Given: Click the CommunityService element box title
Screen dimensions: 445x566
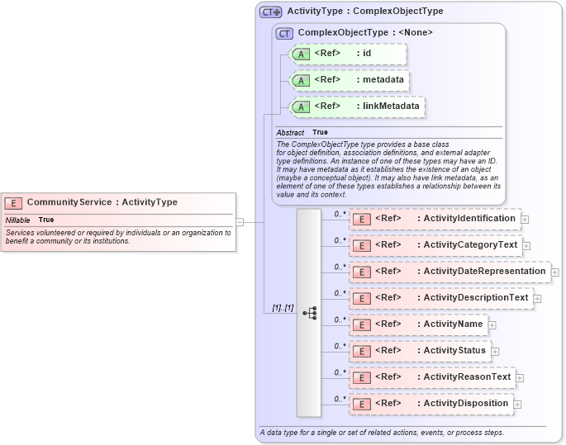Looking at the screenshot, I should click(x=102, y=202).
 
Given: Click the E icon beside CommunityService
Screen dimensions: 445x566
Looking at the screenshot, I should click(x=13, y=202).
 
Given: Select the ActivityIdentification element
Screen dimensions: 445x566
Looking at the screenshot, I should click(x=435, y=219).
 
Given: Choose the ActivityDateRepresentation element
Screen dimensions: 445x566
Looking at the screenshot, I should click(x=449, y=272).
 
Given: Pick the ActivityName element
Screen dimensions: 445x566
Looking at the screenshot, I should click(x=418, y=324).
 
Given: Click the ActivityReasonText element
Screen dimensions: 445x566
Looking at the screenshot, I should click(x=432, y=377).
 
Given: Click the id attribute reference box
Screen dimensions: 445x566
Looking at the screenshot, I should click(x=348, y=54).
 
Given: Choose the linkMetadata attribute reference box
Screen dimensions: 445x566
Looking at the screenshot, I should click(x=356, y=106).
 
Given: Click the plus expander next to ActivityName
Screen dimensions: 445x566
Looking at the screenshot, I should click(x=492, y=325).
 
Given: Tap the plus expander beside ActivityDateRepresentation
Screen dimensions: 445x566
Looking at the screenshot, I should click(x=555, y=272).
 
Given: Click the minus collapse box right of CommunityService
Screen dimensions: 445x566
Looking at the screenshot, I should click(x=240, y=221).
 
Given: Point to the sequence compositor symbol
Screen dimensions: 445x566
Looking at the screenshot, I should click(x=310, y=313).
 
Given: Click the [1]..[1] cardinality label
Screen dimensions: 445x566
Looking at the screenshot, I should click(x=283, y=308).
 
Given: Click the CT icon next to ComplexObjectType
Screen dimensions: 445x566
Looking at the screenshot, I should click(x=285, y=33).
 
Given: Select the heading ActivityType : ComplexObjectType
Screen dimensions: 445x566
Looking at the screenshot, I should click(x=364, y=12).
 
